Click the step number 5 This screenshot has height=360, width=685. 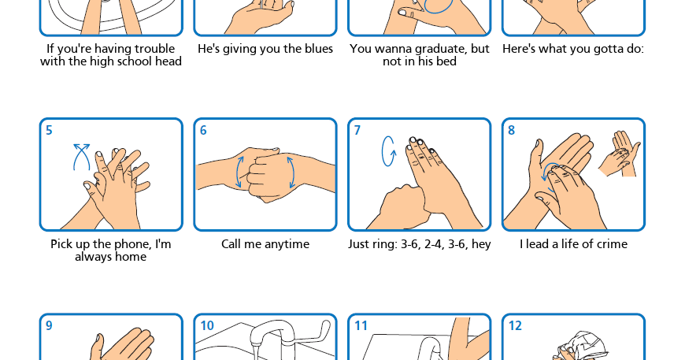pos(49,130)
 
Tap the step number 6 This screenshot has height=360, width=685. pos(203,130)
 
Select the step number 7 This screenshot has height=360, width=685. pos(357,130)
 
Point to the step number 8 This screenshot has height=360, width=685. pos(512,130)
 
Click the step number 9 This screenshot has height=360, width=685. pos(49,325)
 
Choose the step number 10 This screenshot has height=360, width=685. pos(207,325)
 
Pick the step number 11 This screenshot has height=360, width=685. pos(361,325)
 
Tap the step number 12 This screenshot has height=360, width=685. pos(515,325)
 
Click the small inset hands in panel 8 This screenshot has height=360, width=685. pos(620,154)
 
